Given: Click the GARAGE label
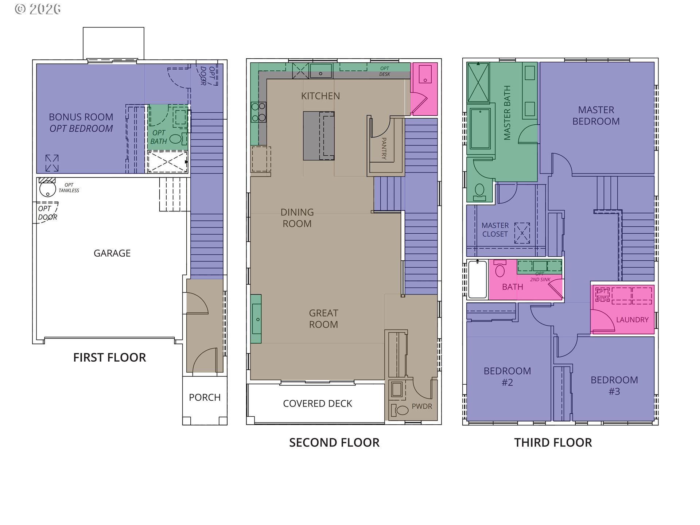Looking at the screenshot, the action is pos(112,253).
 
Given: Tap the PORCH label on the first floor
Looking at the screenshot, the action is pos(205,397).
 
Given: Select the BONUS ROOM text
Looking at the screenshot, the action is pos(81,117).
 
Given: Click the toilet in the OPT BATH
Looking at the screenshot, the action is pos(176,139).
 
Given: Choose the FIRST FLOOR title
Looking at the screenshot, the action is pos(109,357).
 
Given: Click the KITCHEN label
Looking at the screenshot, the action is pos(320,96).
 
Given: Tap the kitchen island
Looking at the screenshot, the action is pos(319,136).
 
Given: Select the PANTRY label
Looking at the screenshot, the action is pos(384,148).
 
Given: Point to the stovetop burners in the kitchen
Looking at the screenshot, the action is pos(258,112).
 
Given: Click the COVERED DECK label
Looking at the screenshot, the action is pos(318,404).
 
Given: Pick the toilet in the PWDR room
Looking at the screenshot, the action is pos(400,410).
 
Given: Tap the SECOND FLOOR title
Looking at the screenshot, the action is pos(334,443).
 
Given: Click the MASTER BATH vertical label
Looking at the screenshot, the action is pos(507,113).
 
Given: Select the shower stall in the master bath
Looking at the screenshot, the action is pos(478,82).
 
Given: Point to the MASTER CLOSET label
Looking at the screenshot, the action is pos(495,230).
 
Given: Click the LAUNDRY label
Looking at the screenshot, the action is pos(632,320).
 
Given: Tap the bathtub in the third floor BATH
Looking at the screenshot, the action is pos(477,279).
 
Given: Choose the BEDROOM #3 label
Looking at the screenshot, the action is pos(614,386).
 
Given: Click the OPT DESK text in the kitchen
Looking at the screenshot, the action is pos(385,71).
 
